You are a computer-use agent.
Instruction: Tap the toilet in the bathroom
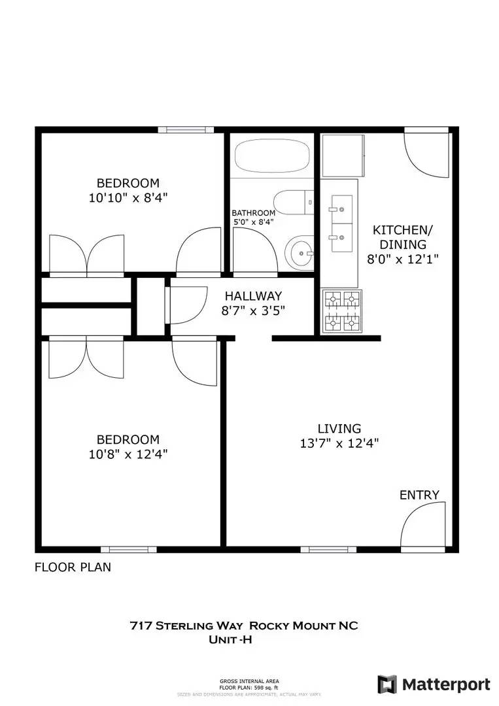[x=294, y=202]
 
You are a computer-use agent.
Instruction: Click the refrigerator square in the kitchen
[x=342, y=156]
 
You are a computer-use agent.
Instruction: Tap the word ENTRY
[x=419, y=495]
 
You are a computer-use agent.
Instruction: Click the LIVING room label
[x=339, y=429]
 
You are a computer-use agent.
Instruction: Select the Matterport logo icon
[x=387, y=684]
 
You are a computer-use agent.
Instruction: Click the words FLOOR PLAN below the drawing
[x=73, y=567]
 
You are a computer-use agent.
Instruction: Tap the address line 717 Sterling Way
[x=243, y=626]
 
